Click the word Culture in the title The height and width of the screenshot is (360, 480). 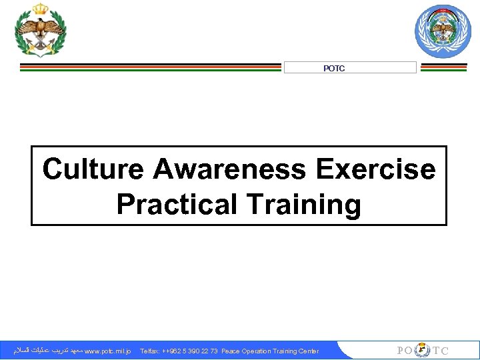coord(94,170)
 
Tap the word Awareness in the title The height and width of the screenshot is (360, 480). coord(231,170)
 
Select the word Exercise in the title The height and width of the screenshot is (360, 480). coord(376,170)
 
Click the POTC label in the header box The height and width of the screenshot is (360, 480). coord(334,68)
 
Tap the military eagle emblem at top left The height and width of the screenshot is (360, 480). coord(41,29)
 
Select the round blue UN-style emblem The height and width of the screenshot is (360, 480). coord(443,31)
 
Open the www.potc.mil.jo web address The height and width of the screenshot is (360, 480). coord(108,351)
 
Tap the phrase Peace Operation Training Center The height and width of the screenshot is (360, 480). coord(270,351)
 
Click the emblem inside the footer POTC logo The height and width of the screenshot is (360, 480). coord(423,351)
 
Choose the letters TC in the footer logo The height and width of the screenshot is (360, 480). coord(441,351)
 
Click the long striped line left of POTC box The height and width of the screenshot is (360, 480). coord(150,67)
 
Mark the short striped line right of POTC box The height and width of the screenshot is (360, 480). coord(444,67)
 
